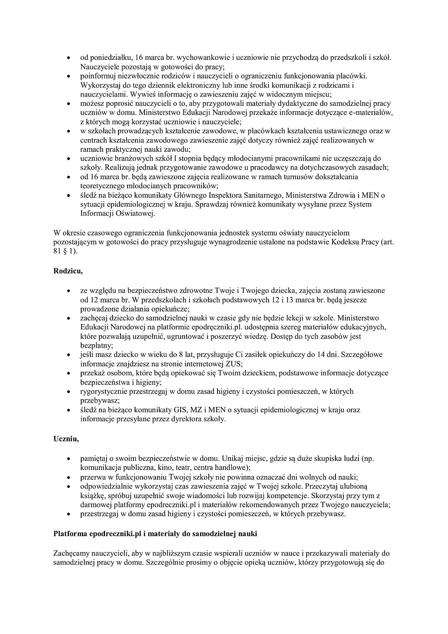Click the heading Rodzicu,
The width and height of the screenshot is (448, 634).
tap(68, 271)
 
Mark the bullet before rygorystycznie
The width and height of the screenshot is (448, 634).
tap(69, 391)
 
